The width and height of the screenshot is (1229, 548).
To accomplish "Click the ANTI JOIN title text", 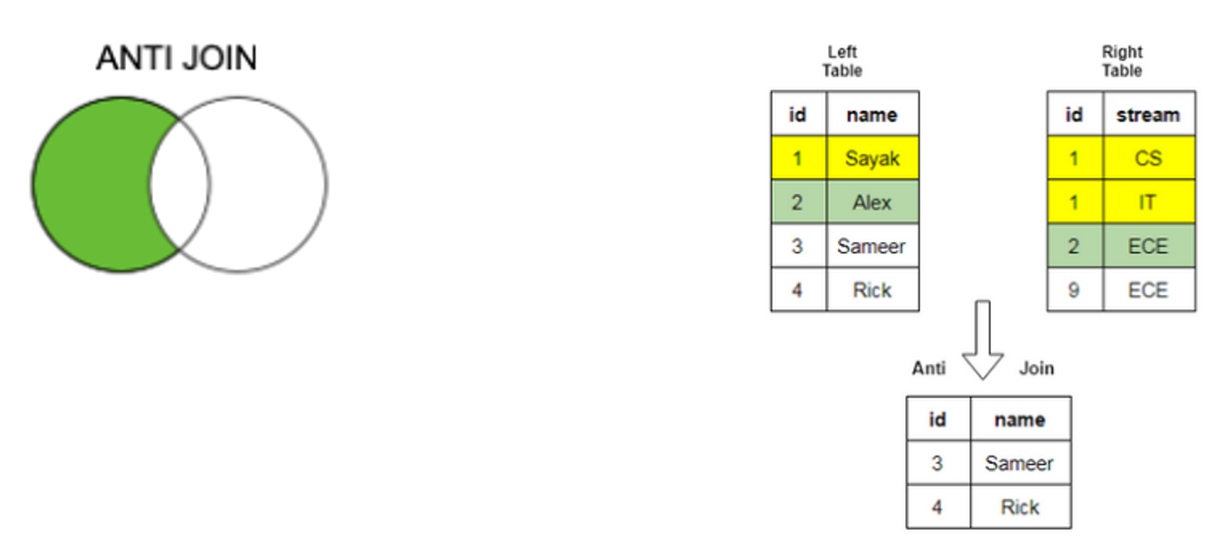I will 176,58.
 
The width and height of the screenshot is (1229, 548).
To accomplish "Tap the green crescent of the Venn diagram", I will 91,184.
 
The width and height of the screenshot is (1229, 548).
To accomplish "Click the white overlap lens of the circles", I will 179,185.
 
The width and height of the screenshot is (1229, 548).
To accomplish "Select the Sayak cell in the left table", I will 872,158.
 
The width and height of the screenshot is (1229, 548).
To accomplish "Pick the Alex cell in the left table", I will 872,202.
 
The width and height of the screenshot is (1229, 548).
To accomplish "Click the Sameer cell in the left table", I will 872,246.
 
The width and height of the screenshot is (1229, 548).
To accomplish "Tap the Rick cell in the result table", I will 1020,507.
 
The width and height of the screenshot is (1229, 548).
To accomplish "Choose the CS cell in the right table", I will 1148,158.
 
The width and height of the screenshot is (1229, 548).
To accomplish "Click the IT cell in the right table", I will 1148,202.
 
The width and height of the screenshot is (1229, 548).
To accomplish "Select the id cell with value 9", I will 1073,290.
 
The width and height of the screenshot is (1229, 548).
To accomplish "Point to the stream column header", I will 1148,114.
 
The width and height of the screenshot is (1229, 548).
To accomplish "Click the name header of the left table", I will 872,114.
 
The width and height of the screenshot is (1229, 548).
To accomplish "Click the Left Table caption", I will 841,62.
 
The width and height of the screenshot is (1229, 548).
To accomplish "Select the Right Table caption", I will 1122,62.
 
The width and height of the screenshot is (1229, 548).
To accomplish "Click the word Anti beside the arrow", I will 929,368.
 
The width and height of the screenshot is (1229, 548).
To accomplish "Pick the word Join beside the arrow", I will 1036,368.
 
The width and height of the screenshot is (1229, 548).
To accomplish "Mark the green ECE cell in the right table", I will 1148,246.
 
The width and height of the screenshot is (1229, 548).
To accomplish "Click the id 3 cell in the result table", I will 938,463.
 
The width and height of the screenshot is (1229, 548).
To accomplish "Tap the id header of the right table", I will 1073,114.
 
